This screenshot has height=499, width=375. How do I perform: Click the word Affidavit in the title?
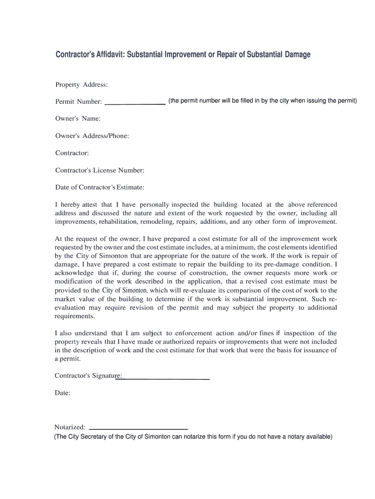[106, 55]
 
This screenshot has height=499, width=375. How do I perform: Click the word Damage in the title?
[292, 55]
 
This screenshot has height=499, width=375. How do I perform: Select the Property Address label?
[81, 85]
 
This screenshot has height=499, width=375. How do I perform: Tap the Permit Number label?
[78, 102]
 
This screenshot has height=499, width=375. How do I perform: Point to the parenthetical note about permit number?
[262, 101]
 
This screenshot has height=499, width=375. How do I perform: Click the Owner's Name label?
[78, 118]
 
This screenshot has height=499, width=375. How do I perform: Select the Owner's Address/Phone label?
[92, 136]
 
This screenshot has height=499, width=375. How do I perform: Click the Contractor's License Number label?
[100, 171]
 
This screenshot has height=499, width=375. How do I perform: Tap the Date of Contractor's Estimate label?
[100, 187]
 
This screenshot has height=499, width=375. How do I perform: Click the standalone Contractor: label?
[72, 153]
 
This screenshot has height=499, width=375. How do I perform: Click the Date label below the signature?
[63, 392]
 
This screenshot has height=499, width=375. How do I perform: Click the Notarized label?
[70, 427]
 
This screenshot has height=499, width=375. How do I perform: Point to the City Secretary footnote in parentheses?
[193, 437]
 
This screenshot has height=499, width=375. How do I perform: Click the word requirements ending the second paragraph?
[75, 316]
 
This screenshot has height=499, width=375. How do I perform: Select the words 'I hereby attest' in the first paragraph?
[76, 205]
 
